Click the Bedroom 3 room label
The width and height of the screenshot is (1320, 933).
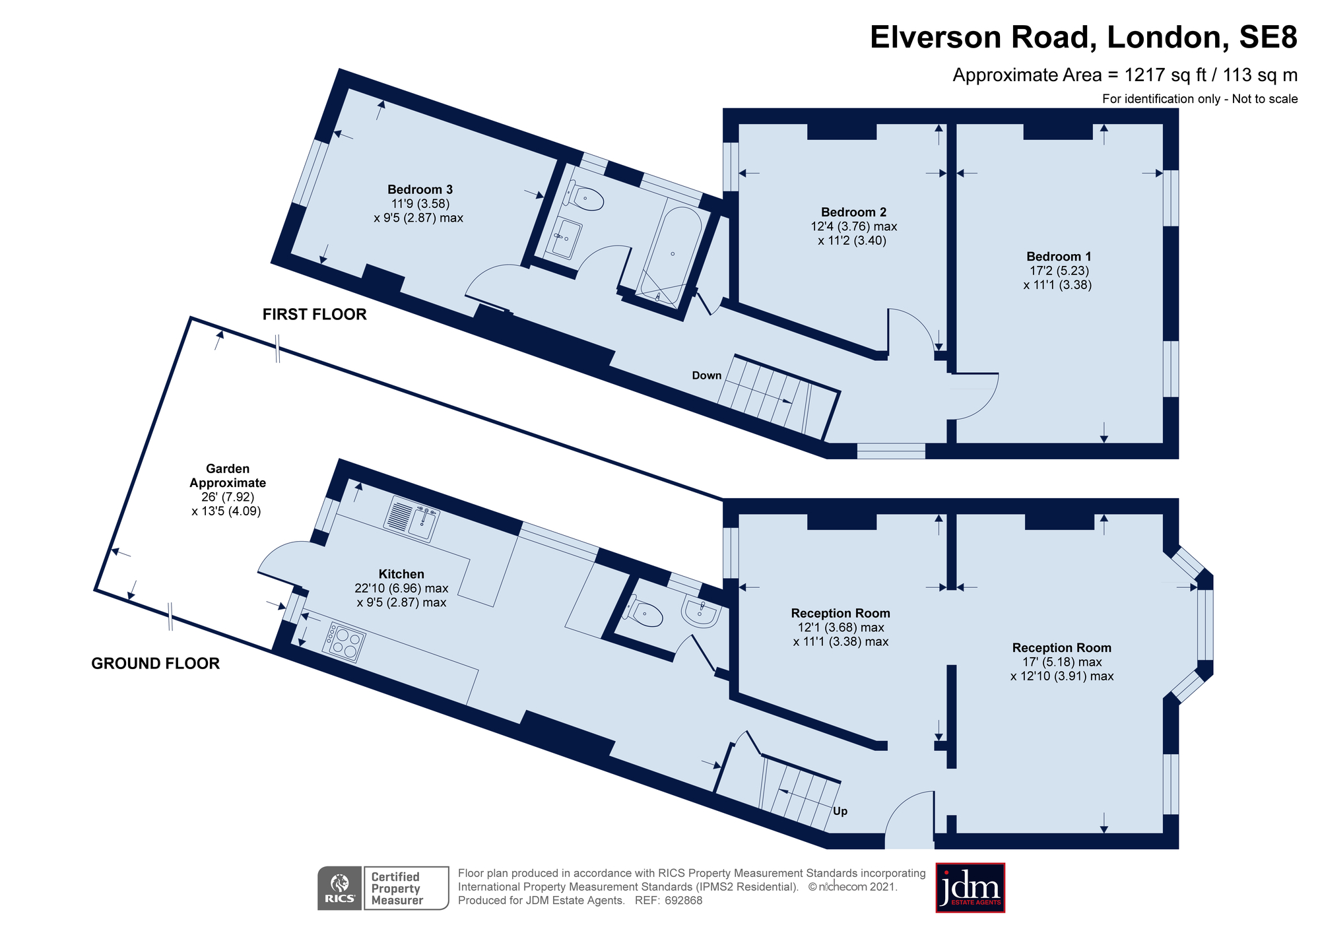420,190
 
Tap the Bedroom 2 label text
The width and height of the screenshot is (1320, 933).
853,212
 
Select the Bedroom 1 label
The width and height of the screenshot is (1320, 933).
1059,257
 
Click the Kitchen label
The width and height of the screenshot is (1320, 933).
401,575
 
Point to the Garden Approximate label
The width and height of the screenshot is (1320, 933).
228,476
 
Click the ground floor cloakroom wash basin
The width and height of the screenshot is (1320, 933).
700,612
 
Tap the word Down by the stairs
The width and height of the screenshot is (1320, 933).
706,376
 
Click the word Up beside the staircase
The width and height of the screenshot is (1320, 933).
840,812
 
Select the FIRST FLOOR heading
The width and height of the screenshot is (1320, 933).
314,315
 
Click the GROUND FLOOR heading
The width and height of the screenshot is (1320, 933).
155,664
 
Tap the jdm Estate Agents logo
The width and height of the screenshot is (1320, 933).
970,888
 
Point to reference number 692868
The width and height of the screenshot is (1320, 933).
683,901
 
